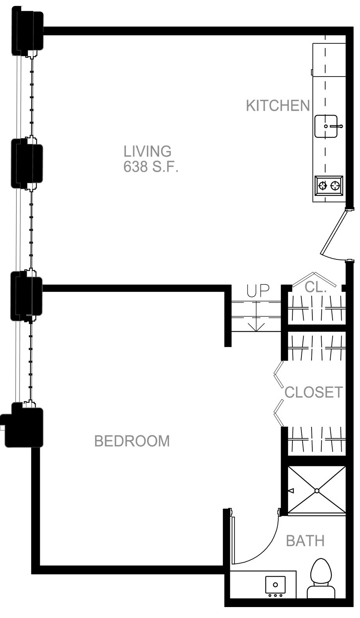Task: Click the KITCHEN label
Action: tap(278, 105)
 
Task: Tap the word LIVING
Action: tap(147, 151)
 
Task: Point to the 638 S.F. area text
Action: tap(151, 166)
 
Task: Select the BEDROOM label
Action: tap(132, 441)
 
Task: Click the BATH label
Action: tap(305, 541)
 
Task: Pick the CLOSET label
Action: tap(313, 392)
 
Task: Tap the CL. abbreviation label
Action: tap(315, 287)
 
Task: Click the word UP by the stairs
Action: tap(258, 291)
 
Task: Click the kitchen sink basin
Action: tap(326, 126)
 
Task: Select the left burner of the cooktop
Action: tap(322, 186)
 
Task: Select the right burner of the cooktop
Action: tap(335, 186)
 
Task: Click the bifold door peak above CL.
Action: tap(314, 273)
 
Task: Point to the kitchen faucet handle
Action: tap(336, 126)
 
